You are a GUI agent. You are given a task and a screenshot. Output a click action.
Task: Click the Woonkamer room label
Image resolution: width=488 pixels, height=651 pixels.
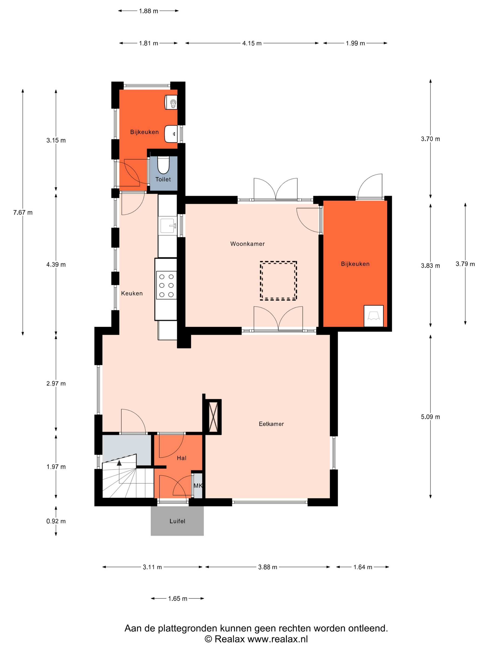[247, 244]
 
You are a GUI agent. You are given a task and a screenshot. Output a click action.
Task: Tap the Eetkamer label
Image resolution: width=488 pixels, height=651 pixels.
[271, 424]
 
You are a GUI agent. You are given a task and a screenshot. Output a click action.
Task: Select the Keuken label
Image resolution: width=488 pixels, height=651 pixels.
[132, 293]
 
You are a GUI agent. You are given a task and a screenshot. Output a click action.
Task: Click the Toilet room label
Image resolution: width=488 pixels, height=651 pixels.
[163, 179]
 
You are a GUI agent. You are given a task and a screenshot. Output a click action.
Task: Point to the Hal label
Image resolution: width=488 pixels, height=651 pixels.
[181, 458]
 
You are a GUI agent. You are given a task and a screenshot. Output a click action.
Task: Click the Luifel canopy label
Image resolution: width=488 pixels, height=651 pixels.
[177, 521]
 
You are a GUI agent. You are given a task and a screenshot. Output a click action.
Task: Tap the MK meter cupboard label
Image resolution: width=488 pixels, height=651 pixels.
[198, 486]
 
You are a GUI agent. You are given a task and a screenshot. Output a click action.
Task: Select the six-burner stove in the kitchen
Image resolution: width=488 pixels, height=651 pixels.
[166, 285]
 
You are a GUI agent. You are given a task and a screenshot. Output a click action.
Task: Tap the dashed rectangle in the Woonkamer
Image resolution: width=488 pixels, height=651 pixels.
[278, 281]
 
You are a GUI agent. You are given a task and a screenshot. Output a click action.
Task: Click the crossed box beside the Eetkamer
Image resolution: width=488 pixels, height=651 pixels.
[213, 417]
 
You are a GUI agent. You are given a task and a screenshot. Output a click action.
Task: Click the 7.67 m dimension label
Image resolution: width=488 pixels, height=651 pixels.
[23, 212]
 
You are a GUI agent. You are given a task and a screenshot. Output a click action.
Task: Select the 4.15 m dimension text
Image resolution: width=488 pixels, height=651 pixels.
[252, 43]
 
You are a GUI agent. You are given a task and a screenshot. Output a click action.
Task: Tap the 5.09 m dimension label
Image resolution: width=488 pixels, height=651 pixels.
[430, 417]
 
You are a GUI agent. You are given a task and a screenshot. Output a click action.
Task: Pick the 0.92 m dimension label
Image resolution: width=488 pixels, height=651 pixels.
[56, 521]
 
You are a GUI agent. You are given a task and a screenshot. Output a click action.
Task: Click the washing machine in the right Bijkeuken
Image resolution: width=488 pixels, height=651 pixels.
[374, 316]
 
